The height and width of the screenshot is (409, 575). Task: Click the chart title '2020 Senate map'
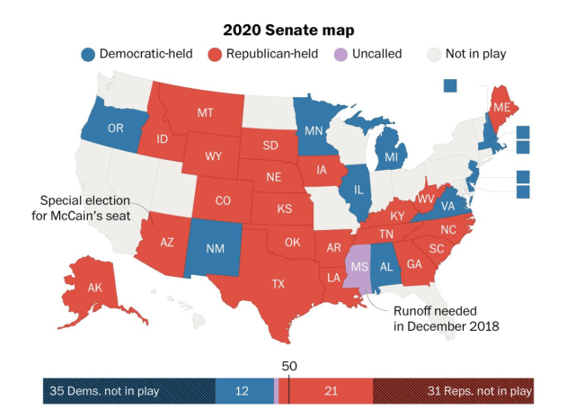tap(287, 30)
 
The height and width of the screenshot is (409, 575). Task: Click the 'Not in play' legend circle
tap(435, 54)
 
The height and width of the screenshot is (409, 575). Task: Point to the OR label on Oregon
tap(115, 129)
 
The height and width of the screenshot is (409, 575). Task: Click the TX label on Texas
tap(279, 284)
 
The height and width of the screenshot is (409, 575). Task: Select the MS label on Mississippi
tap(359, 267)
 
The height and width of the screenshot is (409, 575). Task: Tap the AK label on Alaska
tap(95, 288)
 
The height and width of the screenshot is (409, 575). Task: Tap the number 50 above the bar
tap(288, 366)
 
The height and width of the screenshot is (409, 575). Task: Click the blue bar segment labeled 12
tap(243, 390)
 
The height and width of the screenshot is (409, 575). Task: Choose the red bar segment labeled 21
tap(331, 390)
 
